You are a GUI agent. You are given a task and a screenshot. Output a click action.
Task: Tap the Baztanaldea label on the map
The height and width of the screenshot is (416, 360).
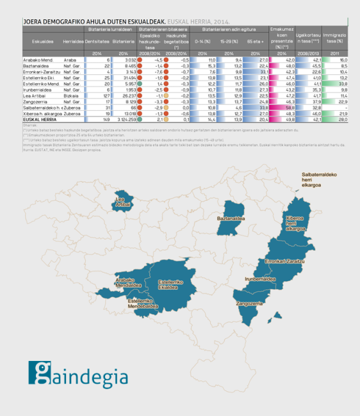233,219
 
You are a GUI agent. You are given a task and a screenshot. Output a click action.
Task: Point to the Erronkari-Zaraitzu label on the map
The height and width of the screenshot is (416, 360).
284,261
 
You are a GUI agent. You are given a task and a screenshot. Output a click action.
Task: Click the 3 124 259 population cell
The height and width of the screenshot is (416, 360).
122,119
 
